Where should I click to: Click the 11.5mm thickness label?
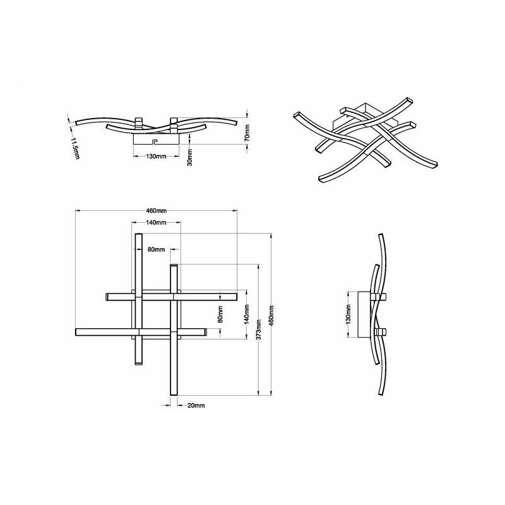coord(74,149)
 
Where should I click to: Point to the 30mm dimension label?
coord(190,157)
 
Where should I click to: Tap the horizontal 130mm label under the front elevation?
coord(156,156)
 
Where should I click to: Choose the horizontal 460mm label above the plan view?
coord(156,211)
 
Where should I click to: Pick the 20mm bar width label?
coord(196,405)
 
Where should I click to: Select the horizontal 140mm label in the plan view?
coord(156,223)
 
